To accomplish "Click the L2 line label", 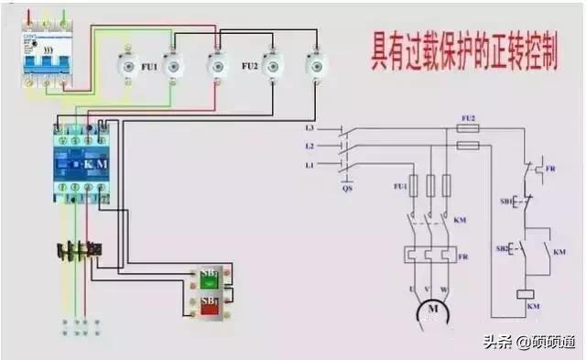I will click(x=309, y=146).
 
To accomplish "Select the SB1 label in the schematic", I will click(x=503, y=201).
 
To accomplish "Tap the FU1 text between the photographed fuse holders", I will click(x=148, y=67).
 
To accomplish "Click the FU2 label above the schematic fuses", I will click(x=468, y=118).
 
